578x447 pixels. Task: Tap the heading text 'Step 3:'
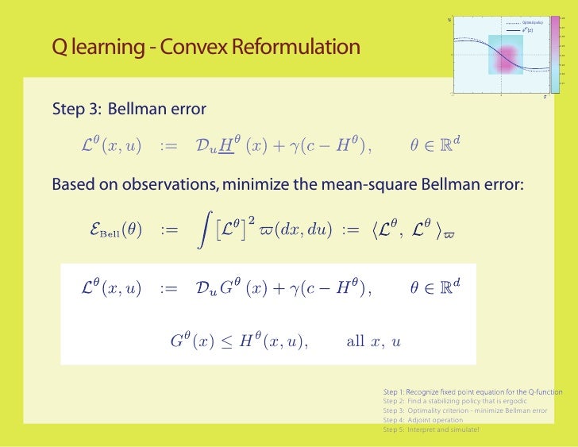tap(76, 109)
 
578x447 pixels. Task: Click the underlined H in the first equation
tap(225, 145)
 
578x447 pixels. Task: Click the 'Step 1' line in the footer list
tap(472, 392)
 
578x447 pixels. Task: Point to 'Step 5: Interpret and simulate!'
tap(431, 430)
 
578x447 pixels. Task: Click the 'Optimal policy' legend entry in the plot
tap(531, 23)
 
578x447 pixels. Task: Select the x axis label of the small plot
tap(545, 98)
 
